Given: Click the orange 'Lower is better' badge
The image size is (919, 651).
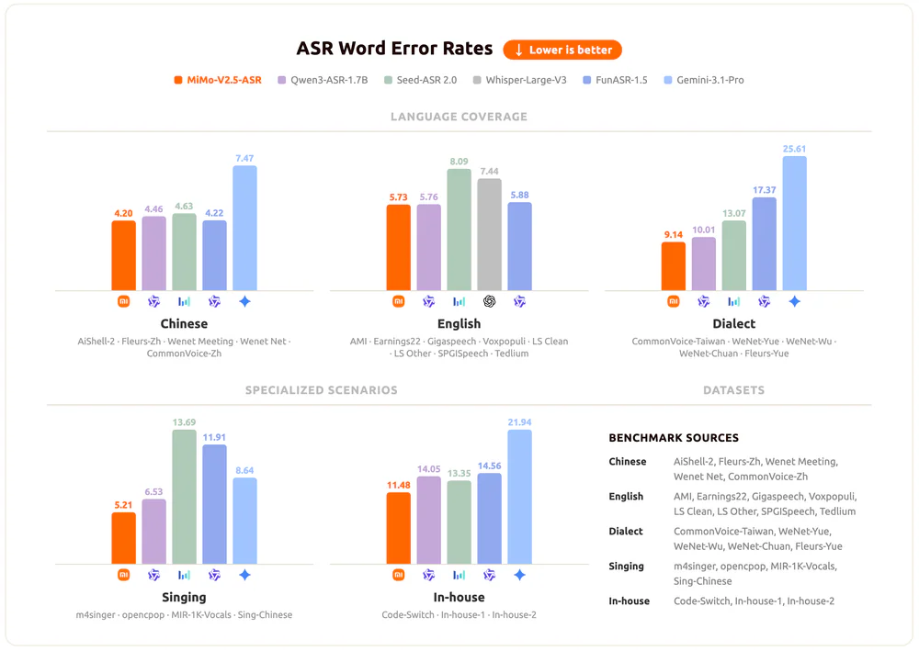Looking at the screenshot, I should click(562, 50).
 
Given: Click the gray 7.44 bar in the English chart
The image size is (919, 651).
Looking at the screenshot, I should click(489, 234).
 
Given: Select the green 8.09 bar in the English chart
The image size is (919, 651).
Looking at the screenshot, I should click(459, 230).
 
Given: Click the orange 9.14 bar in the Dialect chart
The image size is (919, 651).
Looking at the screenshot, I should click(674, 266).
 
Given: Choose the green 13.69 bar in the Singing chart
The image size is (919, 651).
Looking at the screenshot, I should click(185, 496).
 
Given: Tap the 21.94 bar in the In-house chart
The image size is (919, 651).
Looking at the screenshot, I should click(519, 496).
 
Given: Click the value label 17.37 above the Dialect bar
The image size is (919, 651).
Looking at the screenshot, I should click(765, 190).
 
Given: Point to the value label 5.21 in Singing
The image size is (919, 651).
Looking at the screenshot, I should click(124, 505).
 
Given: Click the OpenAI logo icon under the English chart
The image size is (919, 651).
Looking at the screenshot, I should click(489, 301).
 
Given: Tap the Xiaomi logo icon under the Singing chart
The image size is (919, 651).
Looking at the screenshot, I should click(124, 575).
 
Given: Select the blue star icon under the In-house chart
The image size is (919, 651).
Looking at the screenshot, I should click(519, 575).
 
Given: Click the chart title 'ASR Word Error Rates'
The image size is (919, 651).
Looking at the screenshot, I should click(394, 50).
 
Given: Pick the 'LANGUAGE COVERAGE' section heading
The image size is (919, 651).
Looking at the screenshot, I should click(459, 117).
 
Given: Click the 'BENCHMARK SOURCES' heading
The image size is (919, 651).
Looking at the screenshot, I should click(674, 438).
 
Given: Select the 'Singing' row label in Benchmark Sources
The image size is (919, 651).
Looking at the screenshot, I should click(626, 567).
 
